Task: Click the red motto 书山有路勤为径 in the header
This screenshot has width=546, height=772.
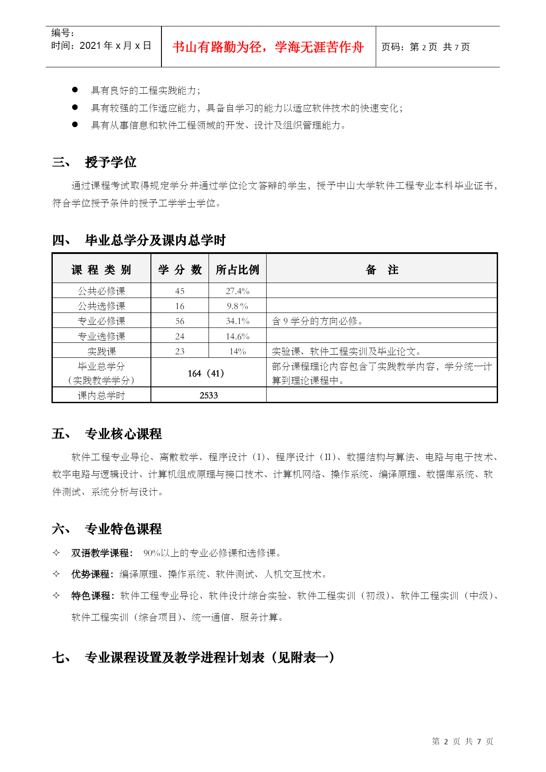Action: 268,47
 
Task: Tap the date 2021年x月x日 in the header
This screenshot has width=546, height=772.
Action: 101,46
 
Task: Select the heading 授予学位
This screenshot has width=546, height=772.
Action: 110,162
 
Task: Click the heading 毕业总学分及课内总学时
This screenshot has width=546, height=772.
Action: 155,240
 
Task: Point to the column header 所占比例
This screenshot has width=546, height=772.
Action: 237,270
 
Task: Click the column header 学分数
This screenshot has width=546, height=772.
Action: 180,270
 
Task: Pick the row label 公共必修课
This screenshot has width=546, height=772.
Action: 102,291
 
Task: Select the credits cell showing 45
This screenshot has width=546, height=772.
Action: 180,291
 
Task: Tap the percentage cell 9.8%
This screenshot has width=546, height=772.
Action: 237,306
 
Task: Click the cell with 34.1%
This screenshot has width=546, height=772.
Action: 237,321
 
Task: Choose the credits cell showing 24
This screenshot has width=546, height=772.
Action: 180,337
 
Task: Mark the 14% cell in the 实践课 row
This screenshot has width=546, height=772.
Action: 237,352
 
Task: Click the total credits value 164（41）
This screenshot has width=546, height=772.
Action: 206,374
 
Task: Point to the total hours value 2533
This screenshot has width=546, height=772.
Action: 209,395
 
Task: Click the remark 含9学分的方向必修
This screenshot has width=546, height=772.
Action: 318,321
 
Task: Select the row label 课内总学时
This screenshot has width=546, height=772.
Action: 102,395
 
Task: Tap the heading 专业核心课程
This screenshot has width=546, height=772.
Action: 123,434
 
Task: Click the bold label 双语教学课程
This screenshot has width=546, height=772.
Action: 100,553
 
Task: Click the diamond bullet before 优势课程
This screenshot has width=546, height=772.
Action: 56,574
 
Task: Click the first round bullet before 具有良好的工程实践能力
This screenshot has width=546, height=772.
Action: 75,90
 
